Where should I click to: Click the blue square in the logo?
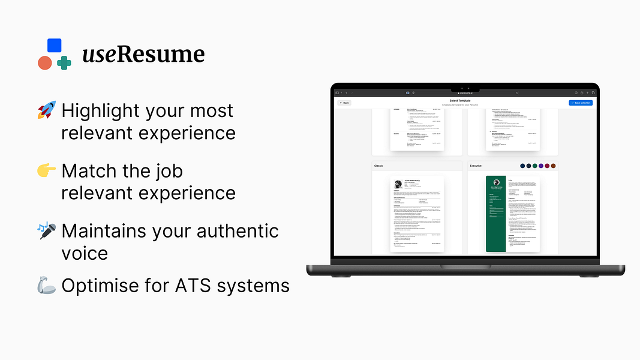(x=54, y=46)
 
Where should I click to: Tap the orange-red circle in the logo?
(x=45, y=62)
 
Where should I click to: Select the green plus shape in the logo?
(x=64, y=62)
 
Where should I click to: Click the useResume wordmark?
(x=143, y=55)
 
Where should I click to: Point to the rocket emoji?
(x=46, y=111)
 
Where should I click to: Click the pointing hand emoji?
(x=46, y=171)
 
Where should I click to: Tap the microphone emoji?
(x=46, y=231)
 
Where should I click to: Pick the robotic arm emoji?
(x=46, y=286)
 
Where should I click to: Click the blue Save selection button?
(x=580, y=103)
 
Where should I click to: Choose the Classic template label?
(x=379, y=166)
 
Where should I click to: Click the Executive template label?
(x=476, y=166)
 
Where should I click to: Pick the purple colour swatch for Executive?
(x=541, y=166)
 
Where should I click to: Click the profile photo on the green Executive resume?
(x=496, y=182)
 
